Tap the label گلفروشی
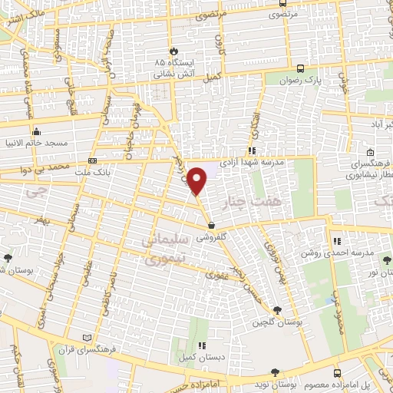pyautogui.click(x=212, y=237)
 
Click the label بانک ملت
pyautogui.click(x=114, y=172)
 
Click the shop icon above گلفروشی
pyautogui.click(x=211, y=225)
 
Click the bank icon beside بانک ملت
pyautogui.click(x=93, y=161)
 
